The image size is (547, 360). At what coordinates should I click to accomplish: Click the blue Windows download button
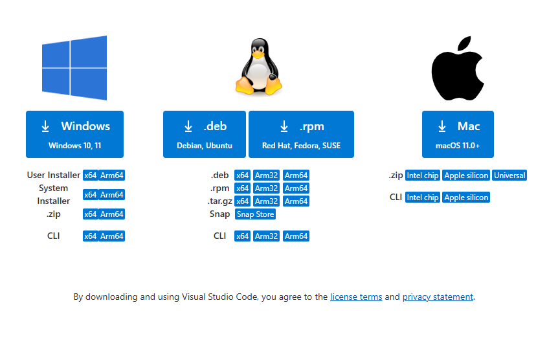click(74, 134)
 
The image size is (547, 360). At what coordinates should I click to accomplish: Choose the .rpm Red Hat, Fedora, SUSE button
click(301, 134)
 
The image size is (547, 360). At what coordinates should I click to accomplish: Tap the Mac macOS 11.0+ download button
click(458, 134)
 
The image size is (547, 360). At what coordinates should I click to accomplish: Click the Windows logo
click(74, 68)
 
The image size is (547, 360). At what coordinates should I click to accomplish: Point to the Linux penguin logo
click(259, 67)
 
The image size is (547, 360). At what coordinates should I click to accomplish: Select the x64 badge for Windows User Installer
click(90, 175)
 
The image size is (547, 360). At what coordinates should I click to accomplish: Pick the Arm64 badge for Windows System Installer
click(111, 195)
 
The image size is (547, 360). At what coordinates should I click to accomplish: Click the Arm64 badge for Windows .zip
click(111, 214)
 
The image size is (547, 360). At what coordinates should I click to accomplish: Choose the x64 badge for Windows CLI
click(90, 236)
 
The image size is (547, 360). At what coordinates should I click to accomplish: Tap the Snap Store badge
click(255, 214)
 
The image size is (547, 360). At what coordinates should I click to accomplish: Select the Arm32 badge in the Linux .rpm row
click(266, 188)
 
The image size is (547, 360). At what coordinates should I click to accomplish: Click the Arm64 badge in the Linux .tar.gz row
click(296, 201)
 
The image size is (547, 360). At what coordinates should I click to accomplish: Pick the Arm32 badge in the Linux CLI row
click(266, 236)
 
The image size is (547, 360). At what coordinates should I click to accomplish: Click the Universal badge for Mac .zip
click(509, 175)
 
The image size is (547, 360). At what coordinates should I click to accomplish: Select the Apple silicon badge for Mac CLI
click(465, 197)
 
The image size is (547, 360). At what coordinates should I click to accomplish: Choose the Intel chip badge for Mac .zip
click(422, 175)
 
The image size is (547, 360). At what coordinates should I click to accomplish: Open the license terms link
click(356, 297)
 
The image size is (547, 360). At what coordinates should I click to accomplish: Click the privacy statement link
click(438, 297)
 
